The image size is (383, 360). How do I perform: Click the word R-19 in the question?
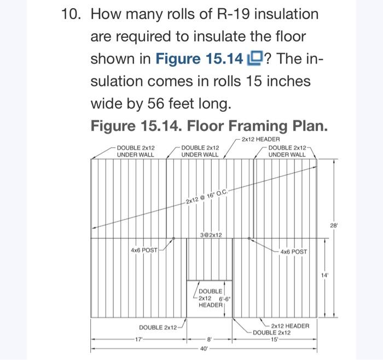point(234,14)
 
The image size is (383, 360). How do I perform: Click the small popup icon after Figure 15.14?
point(255,59)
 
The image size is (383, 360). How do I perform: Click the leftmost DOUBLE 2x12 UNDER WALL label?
point(136,151)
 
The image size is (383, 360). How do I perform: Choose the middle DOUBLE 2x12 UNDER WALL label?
point(200,151)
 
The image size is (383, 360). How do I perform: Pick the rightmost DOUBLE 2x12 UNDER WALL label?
point(287,151)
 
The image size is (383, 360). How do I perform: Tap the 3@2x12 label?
point(211,235)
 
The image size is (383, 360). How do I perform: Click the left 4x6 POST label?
point(144,250)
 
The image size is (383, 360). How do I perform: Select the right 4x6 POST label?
point(294,252)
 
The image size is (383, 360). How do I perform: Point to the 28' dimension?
point(333,226)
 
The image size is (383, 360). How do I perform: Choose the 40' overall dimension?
point(204,348)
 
